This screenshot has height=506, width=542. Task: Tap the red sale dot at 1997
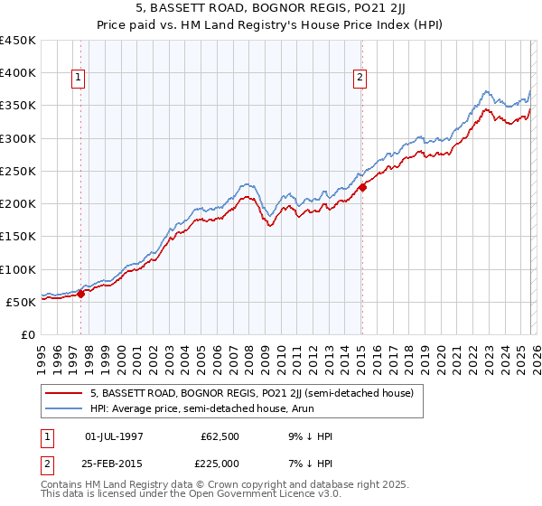pos(81,293)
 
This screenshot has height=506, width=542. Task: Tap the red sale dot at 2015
pos(362,188)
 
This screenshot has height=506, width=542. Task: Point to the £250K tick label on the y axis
pos(18,171)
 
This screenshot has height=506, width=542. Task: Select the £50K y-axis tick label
pos(22,302)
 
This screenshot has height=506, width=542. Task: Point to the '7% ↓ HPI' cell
pos(308,464)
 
